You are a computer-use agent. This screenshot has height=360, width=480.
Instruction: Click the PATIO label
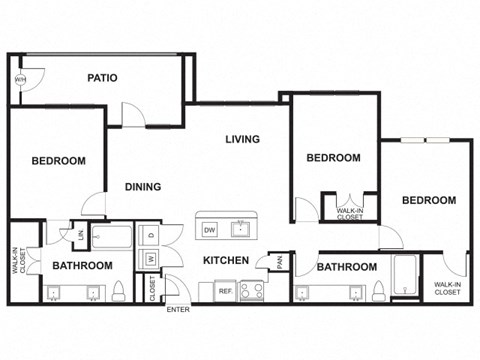(x=103, y=77)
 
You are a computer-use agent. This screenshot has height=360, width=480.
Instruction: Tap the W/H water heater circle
(x=20, y=80)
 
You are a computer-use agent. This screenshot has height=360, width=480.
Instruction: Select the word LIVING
(x=242, y=139)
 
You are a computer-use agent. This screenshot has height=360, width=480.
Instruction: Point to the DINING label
(x=143, y=186)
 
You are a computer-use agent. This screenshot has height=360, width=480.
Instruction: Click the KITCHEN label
(x=225, y=261)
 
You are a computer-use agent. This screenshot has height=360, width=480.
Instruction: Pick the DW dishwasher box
(x=210, y=230)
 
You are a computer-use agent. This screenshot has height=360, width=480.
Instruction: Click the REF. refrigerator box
(x=226, y=291)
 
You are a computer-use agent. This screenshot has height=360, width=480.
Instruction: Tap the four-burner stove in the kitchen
(x=251, y=291)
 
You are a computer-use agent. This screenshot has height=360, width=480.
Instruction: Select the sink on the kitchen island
(x=240, y=229)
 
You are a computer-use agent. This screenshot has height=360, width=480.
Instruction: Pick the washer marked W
(x=151, y=259)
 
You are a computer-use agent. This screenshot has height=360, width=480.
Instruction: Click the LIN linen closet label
(x=78, y=234)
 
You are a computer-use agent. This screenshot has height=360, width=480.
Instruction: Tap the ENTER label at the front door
(x=178, y=310)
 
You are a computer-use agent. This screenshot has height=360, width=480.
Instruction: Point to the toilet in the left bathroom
(x=117, y=290)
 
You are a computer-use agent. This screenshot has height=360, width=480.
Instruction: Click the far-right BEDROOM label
(x=428, y=200)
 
